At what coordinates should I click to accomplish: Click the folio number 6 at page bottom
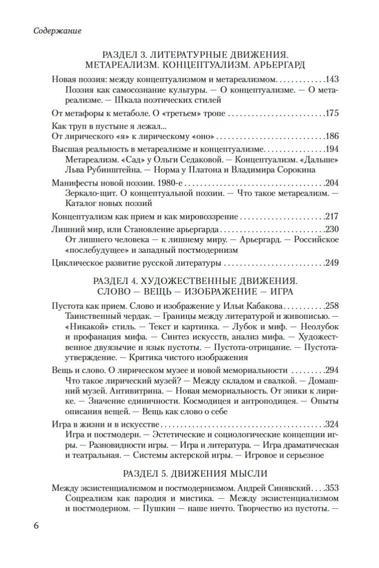click(37, 525)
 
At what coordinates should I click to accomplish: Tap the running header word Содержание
click(58, 31)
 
